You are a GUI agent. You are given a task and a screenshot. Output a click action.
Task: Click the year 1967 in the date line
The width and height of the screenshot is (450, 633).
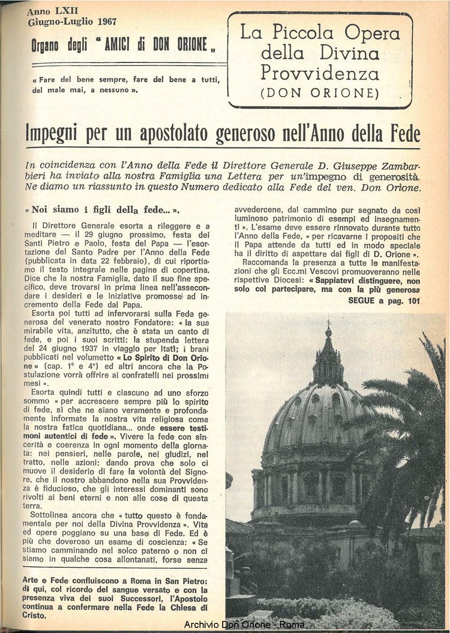[x=106, y=22]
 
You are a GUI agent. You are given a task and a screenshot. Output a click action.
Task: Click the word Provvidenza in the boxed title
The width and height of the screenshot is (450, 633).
[x=320, y=73]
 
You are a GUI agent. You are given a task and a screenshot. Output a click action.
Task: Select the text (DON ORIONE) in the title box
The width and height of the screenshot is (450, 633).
[x=320, y=93]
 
